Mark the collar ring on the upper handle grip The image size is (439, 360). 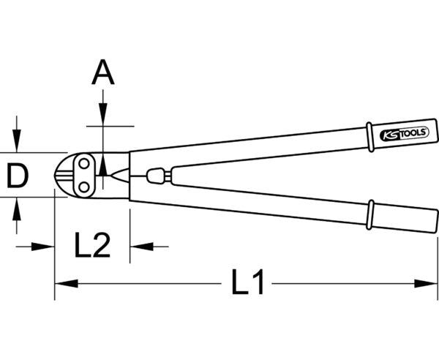pos(369,137)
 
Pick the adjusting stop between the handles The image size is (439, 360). pos(155,176)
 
